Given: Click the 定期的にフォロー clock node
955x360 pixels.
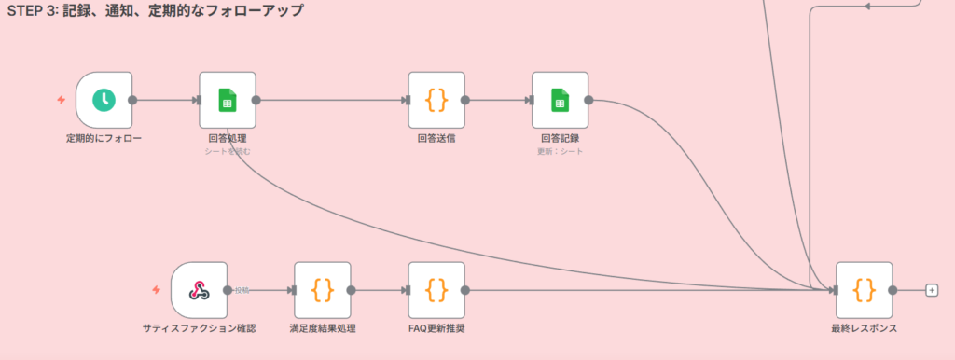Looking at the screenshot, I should (x=104, y=100).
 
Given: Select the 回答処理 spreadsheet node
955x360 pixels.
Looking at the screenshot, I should (x=227, y=100).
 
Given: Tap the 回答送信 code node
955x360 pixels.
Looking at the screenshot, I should (x=436, y=100).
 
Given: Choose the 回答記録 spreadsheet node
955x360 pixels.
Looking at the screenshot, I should (x=560, y=100).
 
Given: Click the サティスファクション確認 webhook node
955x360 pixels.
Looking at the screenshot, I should (x=199, y=290).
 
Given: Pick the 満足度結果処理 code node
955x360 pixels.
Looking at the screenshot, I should (x=322, y=290).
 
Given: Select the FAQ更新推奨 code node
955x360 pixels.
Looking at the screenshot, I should (x=436, y=290).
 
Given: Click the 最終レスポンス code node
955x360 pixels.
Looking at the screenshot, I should (x=865, y=290).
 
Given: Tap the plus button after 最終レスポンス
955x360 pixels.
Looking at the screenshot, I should (x=931, y=290).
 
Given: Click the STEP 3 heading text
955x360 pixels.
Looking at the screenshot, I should (x=155, y=11).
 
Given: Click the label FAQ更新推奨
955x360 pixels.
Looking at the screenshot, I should (x=436, y=329).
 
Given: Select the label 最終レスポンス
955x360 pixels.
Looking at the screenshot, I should (x=865, y=329).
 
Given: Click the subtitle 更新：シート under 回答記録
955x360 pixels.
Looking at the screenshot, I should (x=560, y=151).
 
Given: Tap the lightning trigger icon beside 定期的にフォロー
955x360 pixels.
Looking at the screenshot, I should (x=62, y=100).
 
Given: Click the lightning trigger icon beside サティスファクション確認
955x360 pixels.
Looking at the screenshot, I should (x=157, y=290).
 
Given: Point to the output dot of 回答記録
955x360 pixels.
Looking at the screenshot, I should (x=588, y=100).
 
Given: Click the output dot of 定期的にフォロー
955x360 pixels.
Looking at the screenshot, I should (x=132, y=100).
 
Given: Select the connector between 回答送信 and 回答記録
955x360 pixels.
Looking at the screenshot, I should (x=497, y=100).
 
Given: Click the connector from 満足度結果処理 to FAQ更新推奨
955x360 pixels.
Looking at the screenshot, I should (x=380, y=290).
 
